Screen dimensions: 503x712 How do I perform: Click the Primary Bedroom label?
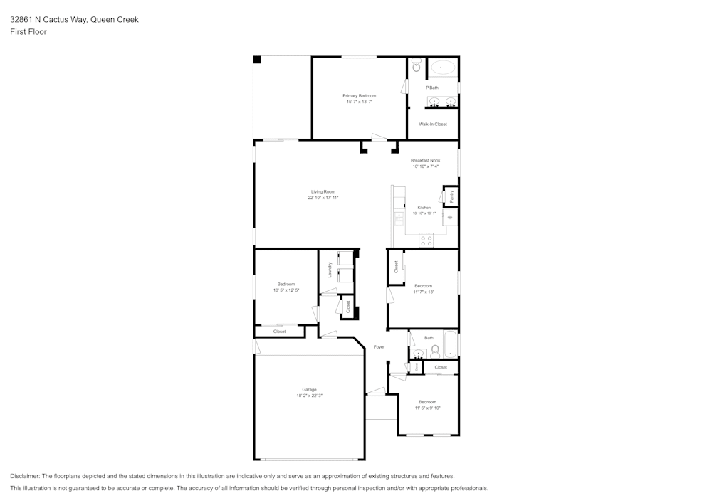(359, 95)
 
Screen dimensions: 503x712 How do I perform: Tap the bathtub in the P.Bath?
(443, 68)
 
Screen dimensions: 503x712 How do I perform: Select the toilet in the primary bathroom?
(417, 65)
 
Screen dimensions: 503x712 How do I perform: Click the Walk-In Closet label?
(432, 125)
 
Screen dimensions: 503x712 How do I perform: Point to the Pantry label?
(451, 194)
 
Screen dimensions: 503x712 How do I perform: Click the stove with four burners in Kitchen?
(426, 240)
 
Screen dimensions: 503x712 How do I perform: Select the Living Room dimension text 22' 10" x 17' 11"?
(323, 198)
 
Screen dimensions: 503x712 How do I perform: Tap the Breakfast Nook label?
(426, 161)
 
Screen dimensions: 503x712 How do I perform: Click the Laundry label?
(330, 270)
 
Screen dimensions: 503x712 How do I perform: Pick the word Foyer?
(379, 347)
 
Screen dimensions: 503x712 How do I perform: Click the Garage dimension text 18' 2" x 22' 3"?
(309, 396)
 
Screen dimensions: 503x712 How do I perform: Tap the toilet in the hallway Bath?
(435, 351)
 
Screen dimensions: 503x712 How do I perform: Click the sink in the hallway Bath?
(417, 353)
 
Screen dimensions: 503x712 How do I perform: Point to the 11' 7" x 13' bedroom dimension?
(424, 292)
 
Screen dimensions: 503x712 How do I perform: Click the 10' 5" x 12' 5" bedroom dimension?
(286, 290)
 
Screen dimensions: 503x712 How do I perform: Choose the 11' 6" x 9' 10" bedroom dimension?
(428, 408)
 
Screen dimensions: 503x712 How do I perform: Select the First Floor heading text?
(28, 32)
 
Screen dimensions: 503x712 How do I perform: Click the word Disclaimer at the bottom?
(25, 476)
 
